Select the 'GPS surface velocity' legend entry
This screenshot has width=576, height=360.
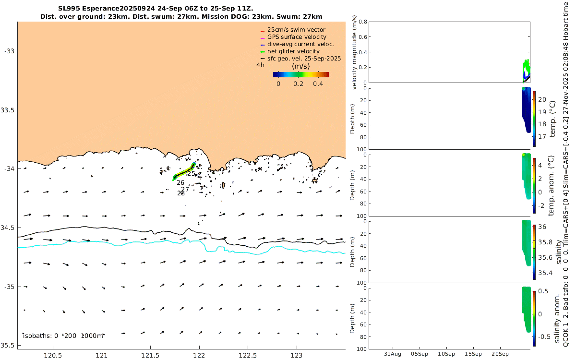297,37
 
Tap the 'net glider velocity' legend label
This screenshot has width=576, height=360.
293,51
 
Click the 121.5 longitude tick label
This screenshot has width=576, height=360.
150,356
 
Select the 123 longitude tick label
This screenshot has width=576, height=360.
297,356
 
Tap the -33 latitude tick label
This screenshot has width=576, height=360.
10,51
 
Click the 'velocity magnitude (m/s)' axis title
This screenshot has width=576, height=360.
355,52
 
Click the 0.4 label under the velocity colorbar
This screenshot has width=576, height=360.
317,84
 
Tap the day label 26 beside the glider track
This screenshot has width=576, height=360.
180,182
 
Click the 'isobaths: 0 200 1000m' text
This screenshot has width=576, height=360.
63,336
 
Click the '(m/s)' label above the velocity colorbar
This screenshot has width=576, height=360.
301,66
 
